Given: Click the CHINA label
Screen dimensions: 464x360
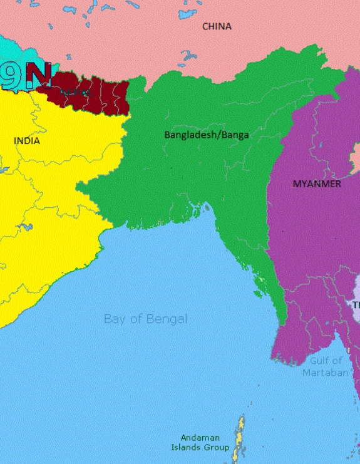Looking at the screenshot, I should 217,26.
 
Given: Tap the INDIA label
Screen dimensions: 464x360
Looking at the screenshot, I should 26,141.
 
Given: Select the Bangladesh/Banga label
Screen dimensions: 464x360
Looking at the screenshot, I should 206,135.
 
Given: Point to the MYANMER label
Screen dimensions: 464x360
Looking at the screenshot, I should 317,183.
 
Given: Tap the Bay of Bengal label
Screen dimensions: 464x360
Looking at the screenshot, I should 145,319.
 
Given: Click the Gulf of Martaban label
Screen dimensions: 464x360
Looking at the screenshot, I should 326,366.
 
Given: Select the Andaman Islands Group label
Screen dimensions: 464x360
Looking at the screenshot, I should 200,443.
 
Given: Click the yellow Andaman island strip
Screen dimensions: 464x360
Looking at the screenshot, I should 239,438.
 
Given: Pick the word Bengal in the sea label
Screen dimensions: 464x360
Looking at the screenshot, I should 165,319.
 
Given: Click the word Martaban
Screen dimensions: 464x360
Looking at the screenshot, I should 326,373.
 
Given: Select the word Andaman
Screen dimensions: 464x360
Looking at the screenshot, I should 200,438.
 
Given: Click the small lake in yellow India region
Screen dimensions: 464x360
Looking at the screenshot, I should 24,227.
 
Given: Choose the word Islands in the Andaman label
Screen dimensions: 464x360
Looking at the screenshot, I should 186,448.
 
